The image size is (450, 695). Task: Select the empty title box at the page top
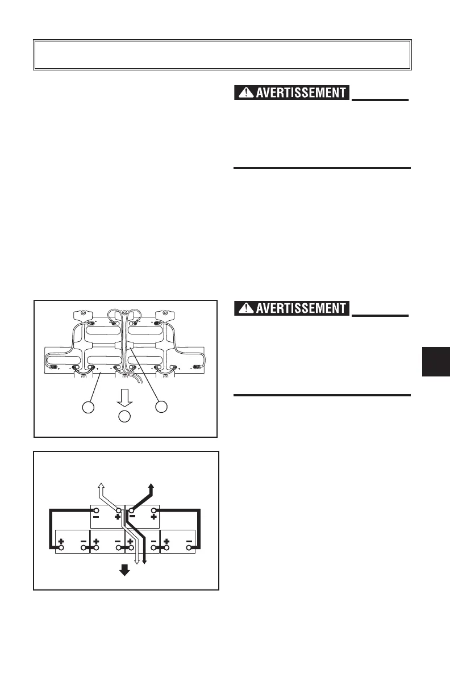[x=222, y=55]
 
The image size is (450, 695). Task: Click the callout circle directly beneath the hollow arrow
[x=125, y=416]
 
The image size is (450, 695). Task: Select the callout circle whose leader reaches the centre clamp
[x=162, y=407]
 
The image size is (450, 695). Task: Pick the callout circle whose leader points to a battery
[x=88, y=407]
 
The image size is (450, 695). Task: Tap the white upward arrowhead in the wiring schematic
[x=101, y=485]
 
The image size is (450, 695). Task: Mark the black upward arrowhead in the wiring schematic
[x=151, y=486]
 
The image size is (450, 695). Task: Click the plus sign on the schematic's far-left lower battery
[x=60, y=542]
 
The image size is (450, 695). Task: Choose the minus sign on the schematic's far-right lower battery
[x=189, y=542]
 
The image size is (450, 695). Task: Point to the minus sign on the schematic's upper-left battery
[x=96, y=517]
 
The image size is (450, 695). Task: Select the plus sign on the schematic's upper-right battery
[x=153, y=517]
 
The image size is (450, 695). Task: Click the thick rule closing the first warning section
[x=322, y=168]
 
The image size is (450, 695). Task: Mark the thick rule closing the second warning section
[x=322, y=395]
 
